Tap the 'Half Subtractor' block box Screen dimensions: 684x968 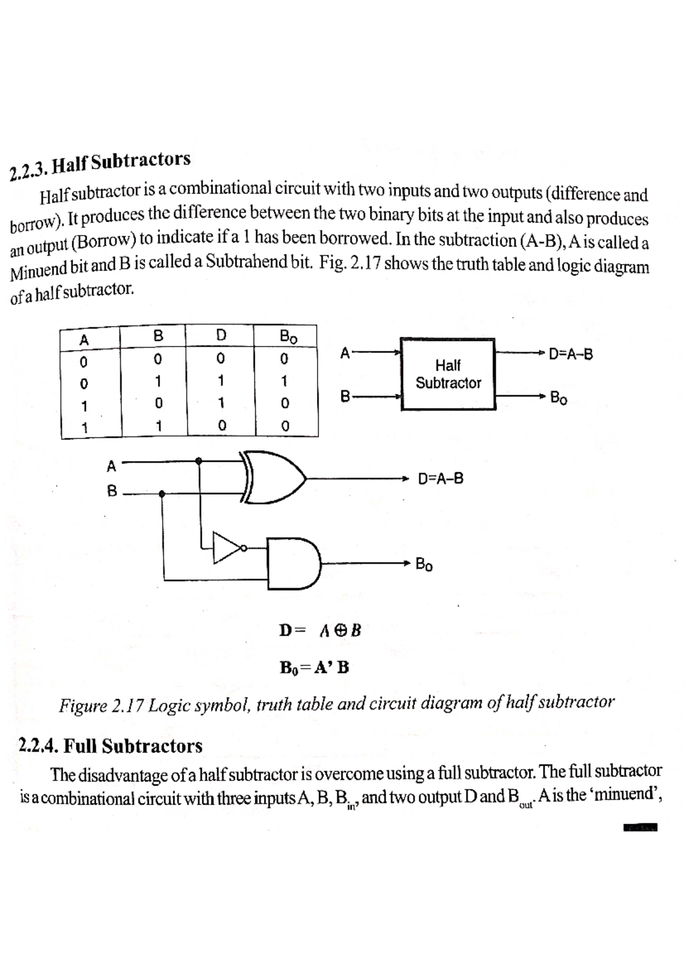[x=448, y=374]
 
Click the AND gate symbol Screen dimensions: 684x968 [x=294, y=563]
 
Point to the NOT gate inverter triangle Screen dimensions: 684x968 [x=227, y=548]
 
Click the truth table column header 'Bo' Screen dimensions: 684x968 [x=288, y=336]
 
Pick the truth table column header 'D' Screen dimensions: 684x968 [x=222, y=335]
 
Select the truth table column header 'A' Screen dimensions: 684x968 [x=84, y=340]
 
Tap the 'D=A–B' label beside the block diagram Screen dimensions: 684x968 [x=571, y=355]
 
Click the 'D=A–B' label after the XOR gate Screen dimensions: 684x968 [x=441, y=478]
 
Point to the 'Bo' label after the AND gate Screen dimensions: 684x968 [x=424, y=564]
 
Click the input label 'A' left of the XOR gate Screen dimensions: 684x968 [x=112, y=466]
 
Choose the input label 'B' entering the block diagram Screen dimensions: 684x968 [x=344, y=395]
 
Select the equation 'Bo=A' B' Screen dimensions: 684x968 [x=314, y=666]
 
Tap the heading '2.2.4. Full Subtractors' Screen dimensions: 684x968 [x=111, y=746]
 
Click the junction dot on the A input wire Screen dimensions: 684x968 [x=199, y=461]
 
